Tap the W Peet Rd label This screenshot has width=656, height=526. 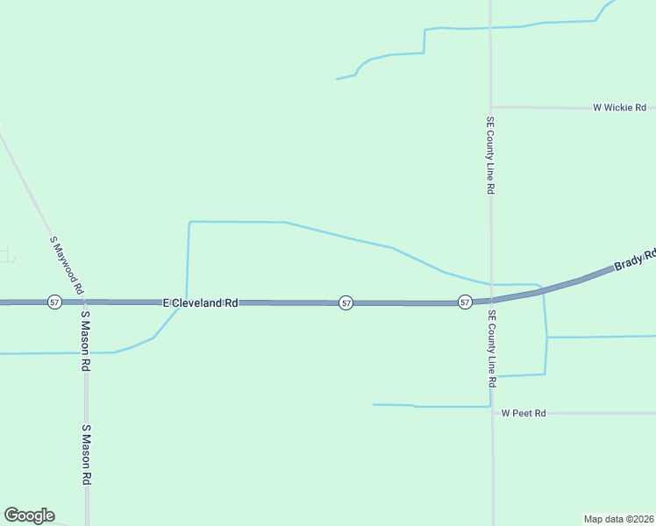[524, 413]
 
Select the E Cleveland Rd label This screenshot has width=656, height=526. [201, 302]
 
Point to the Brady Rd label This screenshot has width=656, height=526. [634, 259]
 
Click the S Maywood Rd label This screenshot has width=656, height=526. [67, 265]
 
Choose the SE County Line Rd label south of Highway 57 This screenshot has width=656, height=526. [491, 350]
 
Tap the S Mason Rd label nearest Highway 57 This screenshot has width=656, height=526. [86, 341]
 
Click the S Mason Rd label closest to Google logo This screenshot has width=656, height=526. [86, 455]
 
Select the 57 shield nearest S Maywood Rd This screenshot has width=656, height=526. [55, 302]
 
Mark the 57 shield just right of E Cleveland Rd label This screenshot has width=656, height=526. [346, 302]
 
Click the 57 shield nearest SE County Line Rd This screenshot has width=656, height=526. [465, 302]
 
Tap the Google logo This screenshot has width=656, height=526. [29, 515]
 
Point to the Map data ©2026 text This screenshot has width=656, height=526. [618, 518]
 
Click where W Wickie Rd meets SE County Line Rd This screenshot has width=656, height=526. [491, 108]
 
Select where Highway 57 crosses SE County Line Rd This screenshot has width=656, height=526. [491, 300]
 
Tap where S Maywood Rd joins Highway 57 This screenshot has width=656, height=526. [84, 302]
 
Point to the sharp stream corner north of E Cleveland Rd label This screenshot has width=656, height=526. [189, 223]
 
